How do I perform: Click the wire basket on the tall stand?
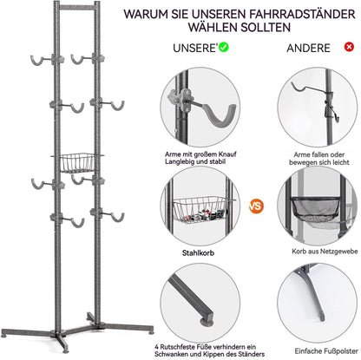[x=80, y=160]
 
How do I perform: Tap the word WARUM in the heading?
[x=167, y=14]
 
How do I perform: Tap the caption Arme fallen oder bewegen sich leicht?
[x=315, y=156]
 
